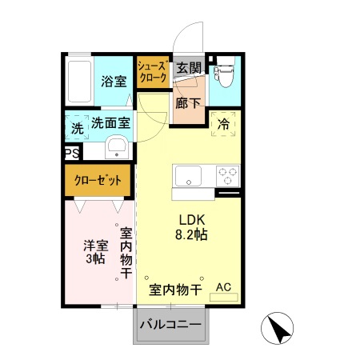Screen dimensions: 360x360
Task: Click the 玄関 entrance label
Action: coord(189,68)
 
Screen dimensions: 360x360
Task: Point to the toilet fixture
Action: coord(223,74)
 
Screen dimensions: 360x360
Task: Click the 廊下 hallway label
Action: coord(189,102)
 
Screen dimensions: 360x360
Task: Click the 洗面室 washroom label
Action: coord(110,124)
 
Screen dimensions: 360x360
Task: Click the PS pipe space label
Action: coord(70,154)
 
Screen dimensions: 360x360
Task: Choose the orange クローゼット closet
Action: coord(98,181)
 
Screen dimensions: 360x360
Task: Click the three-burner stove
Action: coord(226,174)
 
